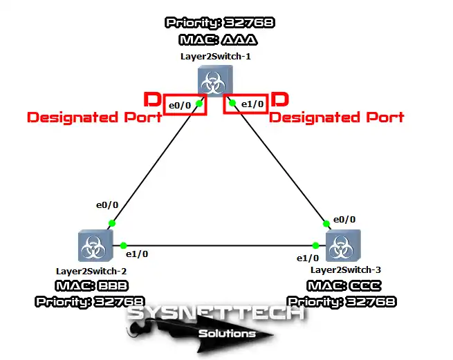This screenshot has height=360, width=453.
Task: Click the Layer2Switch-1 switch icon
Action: [x=214, y=81]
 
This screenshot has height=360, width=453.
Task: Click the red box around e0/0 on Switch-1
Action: [x=184, y=105]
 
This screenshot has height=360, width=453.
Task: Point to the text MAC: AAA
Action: [x=219, y=41]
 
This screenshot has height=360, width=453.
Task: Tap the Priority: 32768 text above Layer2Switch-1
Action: [x=219, y=23]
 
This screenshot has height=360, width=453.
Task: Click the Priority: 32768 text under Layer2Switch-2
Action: [x=89, y=302]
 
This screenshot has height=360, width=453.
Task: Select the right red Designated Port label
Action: [x=336, y=117]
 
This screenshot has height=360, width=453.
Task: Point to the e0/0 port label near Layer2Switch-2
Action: [x=107, y=206]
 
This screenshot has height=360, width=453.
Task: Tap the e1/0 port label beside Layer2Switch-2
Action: [x=137, y=254]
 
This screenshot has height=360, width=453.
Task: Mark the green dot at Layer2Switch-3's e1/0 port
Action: [x=315, y=245]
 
